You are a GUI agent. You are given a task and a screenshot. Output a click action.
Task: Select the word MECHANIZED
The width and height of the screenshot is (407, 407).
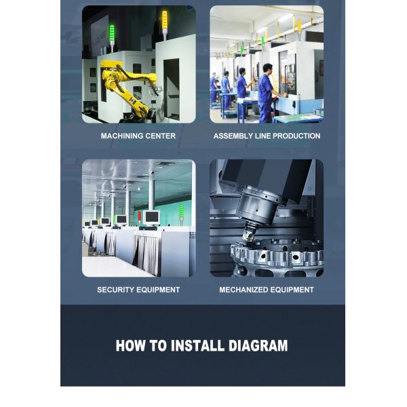(242, 290)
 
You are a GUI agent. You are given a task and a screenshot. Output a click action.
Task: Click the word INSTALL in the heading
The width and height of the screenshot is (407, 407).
(197, 345)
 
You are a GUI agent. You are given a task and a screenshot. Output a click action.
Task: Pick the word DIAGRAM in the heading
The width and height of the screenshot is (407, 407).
(258, 345)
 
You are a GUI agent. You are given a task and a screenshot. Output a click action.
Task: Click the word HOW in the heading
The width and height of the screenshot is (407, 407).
(130, 345)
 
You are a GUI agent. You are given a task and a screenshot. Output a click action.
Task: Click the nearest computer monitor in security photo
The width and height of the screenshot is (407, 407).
(151, 217)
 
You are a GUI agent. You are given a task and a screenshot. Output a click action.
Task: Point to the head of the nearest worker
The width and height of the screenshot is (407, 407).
(268, 69)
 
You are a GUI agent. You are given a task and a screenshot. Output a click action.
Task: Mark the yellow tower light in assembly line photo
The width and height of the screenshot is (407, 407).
(299, 26)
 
